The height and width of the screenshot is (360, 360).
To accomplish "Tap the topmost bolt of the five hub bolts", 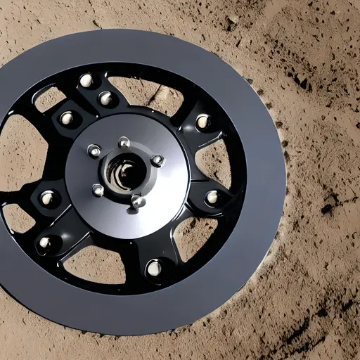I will (x=124, y=143).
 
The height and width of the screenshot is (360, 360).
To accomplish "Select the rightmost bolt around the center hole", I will (x=157, y=161).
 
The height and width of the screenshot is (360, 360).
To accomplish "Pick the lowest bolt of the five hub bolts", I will (x=138, y=202).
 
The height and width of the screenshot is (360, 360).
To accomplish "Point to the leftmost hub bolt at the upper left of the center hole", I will (x=94, y=150).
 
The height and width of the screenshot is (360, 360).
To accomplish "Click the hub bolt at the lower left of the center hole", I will (x=98, y=190).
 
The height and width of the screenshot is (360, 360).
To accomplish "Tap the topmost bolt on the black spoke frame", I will (x=86, y=81).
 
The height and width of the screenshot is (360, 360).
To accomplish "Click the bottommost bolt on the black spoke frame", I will (x=153, y=268).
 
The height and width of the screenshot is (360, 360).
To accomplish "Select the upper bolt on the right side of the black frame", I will (x=202, y=122).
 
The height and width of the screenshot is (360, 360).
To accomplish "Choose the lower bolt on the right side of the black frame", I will (x=212, y=198).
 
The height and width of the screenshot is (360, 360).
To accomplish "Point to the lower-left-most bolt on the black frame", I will (x=45, y=243).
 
